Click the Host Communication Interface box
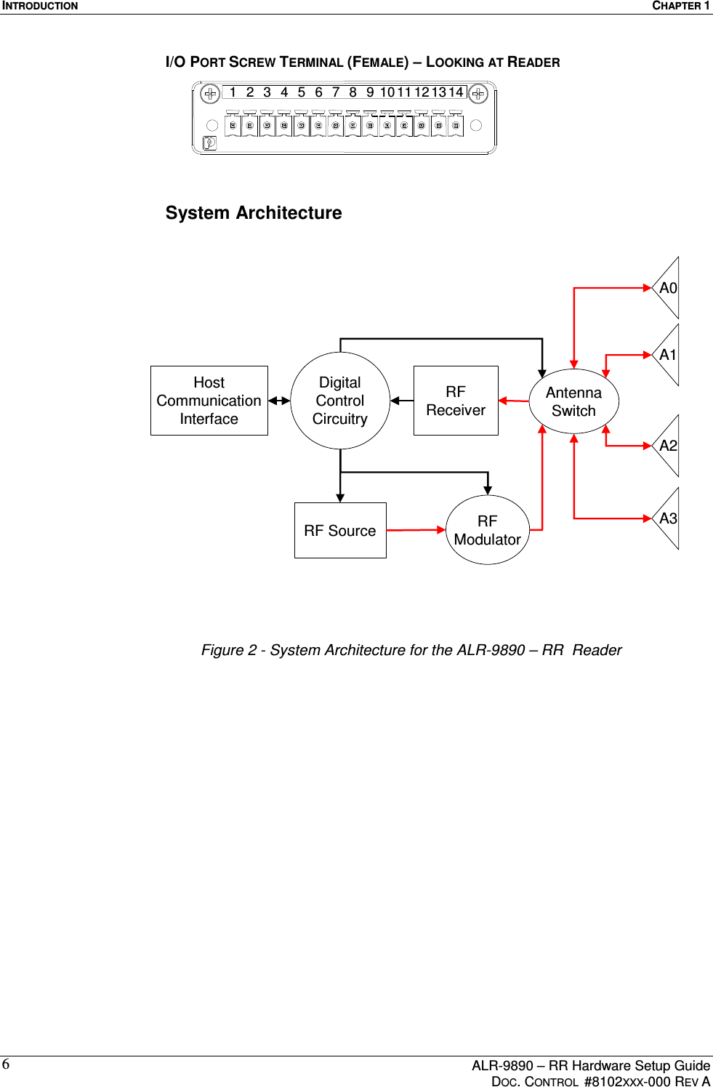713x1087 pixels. pyautogui.click(x=209, y=401)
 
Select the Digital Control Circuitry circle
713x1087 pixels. pyautogui.click(x=339, y=401)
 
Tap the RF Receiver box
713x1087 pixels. pyautogui.click(x=456, y=401)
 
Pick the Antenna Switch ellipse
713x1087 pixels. pyautogui.click(x=573, y=401)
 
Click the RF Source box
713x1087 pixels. pyautogui.click(x=340, y=531)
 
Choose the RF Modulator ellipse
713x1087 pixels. pyautogui.click(x=488, y=531)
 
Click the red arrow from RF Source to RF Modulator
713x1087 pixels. pyautogui.click(x=416, y=530)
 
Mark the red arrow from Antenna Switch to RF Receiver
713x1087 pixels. pyautogui.click(x=514, y=401)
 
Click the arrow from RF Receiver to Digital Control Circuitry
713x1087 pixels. pyautogui.click(x=402, y=401)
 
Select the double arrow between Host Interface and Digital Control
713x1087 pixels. pyautogui.click(x=279, y=401)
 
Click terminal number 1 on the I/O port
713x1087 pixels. pyautogui.click(x=233, y=92)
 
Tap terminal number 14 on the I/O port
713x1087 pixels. pyautogui.click(x=456, y=92)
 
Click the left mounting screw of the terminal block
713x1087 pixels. pyautogui.click(x=210, y=94)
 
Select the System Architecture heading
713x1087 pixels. pyautogui.click(x=254, y=213)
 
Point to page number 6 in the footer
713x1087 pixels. pyautogui.click(x=6, y=1065)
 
